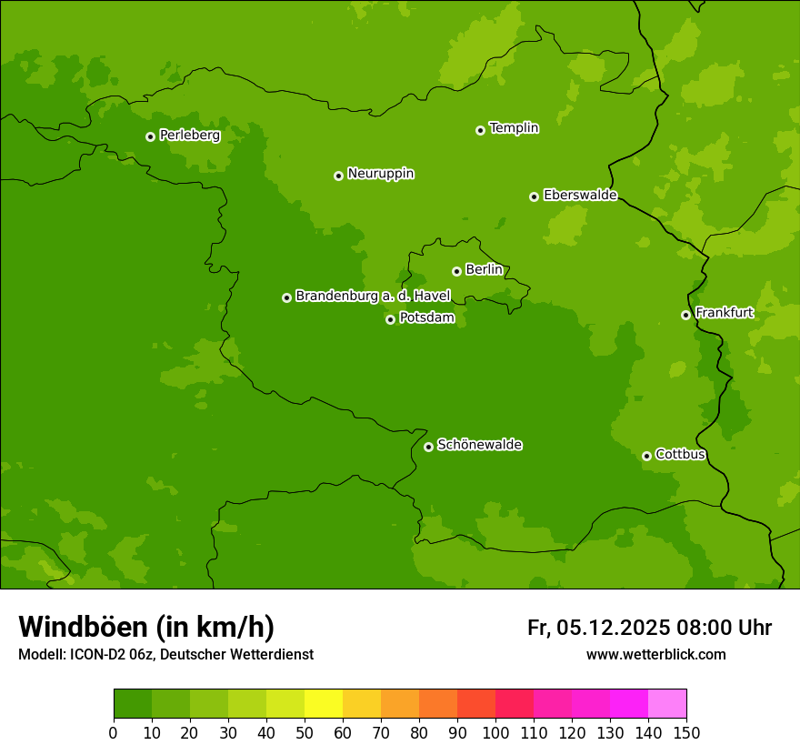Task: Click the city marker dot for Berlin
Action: click(456, 271)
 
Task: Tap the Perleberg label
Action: click(190, 136)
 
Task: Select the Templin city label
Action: click(514, 128)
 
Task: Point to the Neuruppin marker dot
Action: click(338, 176)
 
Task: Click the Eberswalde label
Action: click(580, 196)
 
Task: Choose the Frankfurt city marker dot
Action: click(685, 315)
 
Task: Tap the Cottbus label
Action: click(681, 455)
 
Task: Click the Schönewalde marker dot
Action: click(428, 447)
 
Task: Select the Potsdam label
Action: click(427, 318)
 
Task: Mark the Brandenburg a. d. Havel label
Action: click(373, 297)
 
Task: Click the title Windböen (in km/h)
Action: click(146, 627)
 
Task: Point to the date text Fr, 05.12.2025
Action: click(598, 628)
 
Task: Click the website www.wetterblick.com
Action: click(655, 654)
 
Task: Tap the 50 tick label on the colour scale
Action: click(305, 732)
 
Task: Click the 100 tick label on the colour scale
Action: click(495, 732)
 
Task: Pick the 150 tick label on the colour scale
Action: click(686, 732)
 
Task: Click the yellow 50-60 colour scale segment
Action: click(324, 704)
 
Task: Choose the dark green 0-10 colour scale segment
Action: click(133, 704)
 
